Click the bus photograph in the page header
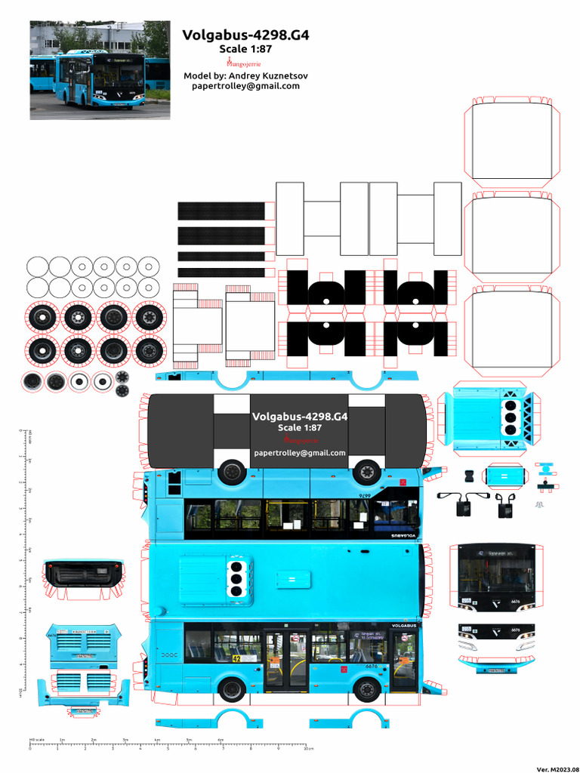click(100, 70)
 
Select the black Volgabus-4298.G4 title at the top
click(245, 35)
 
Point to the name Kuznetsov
click(282, 75)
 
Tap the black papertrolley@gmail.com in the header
click(246, 86)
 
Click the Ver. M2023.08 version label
click(555, 768)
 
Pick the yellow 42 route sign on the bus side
click(237, 658)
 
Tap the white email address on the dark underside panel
click(300, 453)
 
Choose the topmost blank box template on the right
click(511, 145)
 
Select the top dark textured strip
click(221, 211)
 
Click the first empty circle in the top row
click(37, 266)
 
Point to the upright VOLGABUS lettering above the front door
click(404, 626)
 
